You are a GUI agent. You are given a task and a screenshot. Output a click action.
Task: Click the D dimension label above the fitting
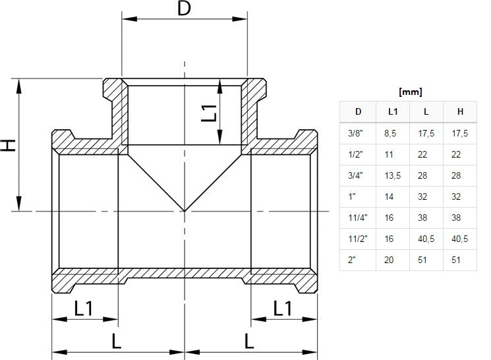click(x=185, y=9)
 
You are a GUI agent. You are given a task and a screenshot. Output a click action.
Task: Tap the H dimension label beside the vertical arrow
click(x=8, y=145)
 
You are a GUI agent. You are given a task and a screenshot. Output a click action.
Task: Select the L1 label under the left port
click(x=84, y=307)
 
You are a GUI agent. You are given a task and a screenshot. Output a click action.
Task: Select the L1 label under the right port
click(x=283, y=307)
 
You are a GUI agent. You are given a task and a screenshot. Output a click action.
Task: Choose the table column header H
click(x=459, y=111)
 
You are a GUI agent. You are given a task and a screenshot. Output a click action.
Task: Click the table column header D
click(x=358, y=111)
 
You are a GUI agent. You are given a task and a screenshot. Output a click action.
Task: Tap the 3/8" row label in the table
click(x=355, y=133)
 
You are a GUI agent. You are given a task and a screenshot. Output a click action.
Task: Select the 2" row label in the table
click(x=352, y=260)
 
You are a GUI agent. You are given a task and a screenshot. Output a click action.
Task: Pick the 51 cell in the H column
click(x=457, y=260)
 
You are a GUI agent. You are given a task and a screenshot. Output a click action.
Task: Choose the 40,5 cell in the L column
click(x=427, y=239)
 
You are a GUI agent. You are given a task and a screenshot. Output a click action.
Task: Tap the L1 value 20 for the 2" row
click(x=389, y=260)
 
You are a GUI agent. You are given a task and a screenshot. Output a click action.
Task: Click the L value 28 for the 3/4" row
click(x=423, y=175)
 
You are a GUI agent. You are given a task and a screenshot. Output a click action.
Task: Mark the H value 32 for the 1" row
click(x=457, y=196)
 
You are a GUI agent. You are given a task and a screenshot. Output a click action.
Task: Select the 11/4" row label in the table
click(x=356, y=218)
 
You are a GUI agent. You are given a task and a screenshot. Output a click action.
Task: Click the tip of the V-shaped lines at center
click(x=185, y=211)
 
